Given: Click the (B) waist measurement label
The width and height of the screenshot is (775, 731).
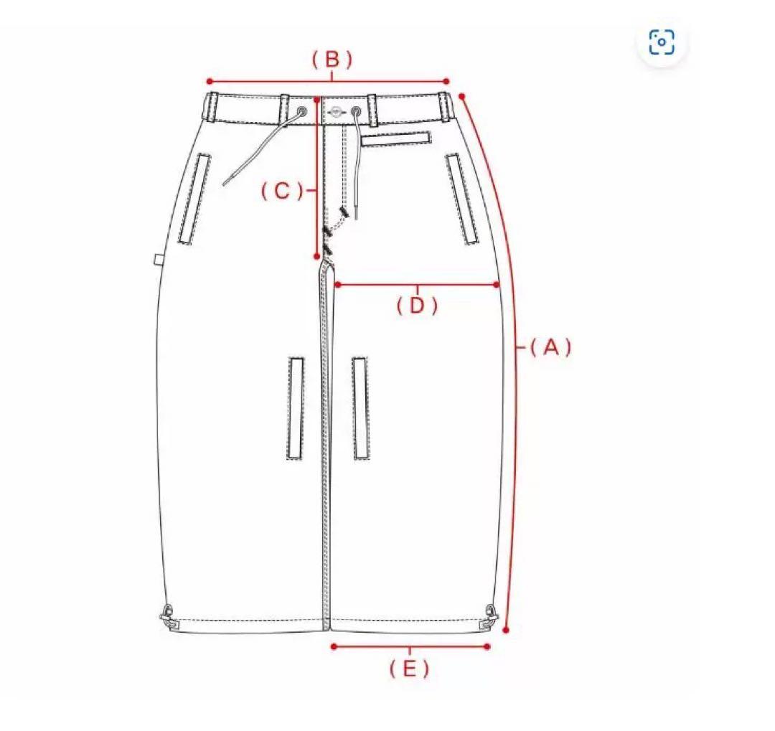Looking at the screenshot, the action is [332, 60].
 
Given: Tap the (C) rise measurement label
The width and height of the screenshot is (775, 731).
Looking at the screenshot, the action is [282, 190].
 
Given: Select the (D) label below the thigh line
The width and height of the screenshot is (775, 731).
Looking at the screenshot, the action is [417, 306].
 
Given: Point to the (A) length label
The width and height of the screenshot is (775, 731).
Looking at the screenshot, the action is [550, 347].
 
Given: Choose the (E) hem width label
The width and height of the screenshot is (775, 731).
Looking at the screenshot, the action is [409, 669].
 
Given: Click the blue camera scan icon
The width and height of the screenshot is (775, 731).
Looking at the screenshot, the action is [662, 42].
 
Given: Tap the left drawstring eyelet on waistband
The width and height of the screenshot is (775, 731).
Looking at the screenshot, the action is [301, 111].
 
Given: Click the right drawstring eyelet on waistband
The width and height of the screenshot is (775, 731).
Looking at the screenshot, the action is [356, 111].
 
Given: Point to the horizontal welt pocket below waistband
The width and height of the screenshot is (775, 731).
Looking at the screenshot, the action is [396, 139].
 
